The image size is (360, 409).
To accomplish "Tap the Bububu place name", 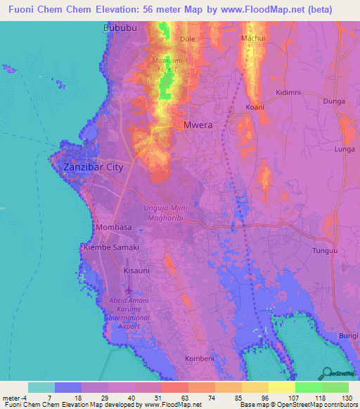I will click(x=118, y=27).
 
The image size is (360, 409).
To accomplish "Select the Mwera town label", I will click(x=198, y=124).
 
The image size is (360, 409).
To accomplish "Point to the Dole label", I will click(x=188, y=39).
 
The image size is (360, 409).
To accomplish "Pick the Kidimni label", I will click(x=288, y=92).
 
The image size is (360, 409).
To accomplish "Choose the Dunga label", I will click(x=334, y=101).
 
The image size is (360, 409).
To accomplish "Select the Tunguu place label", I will click(x=325, y=250).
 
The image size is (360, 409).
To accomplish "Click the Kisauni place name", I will click(x=136, y=270).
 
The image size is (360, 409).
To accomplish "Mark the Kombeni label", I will click(x=199, y=358).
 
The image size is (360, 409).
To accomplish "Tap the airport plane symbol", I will click(x=129, y=291).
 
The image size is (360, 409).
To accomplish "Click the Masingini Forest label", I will click(x=167, y=65).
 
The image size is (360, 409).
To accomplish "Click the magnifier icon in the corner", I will click(x=326, y=373).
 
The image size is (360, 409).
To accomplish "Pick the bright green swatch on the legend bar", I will click(x=308, y=387).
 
